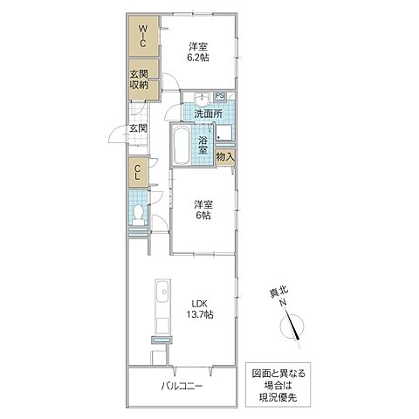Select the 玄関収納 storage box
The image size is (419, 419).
tap(139, 80)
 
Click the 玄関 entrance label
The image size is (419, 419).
tap(138, 128)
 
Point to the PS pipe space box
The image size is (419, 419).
tap(219, 96)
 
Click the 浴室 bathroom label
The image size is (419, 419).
tap(202, 145)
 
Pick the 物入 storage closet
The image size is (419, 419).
tap(224, 157)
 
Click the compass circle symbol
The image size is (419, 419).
tap(294, 328)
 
